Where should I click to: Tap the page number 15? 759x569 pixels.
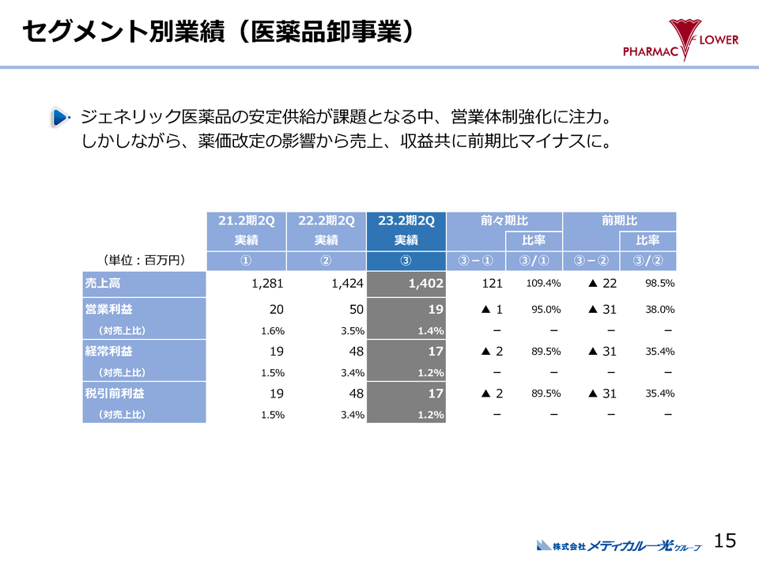click(724, 541)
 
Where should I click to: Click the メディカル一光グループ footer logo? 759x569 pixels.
click(619, 545)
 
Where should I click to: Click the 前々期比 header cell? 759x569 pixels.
click(504, 220)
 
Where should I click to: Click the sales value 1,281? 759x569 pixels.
click(267, 283)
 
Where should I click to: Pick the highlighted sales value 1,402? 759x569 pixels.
click(426, 283)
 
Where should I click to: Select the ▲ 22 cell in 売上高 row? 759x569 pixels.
click(602, 283)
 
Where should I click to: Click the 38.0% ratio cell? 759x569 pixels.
click(659, 310)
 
